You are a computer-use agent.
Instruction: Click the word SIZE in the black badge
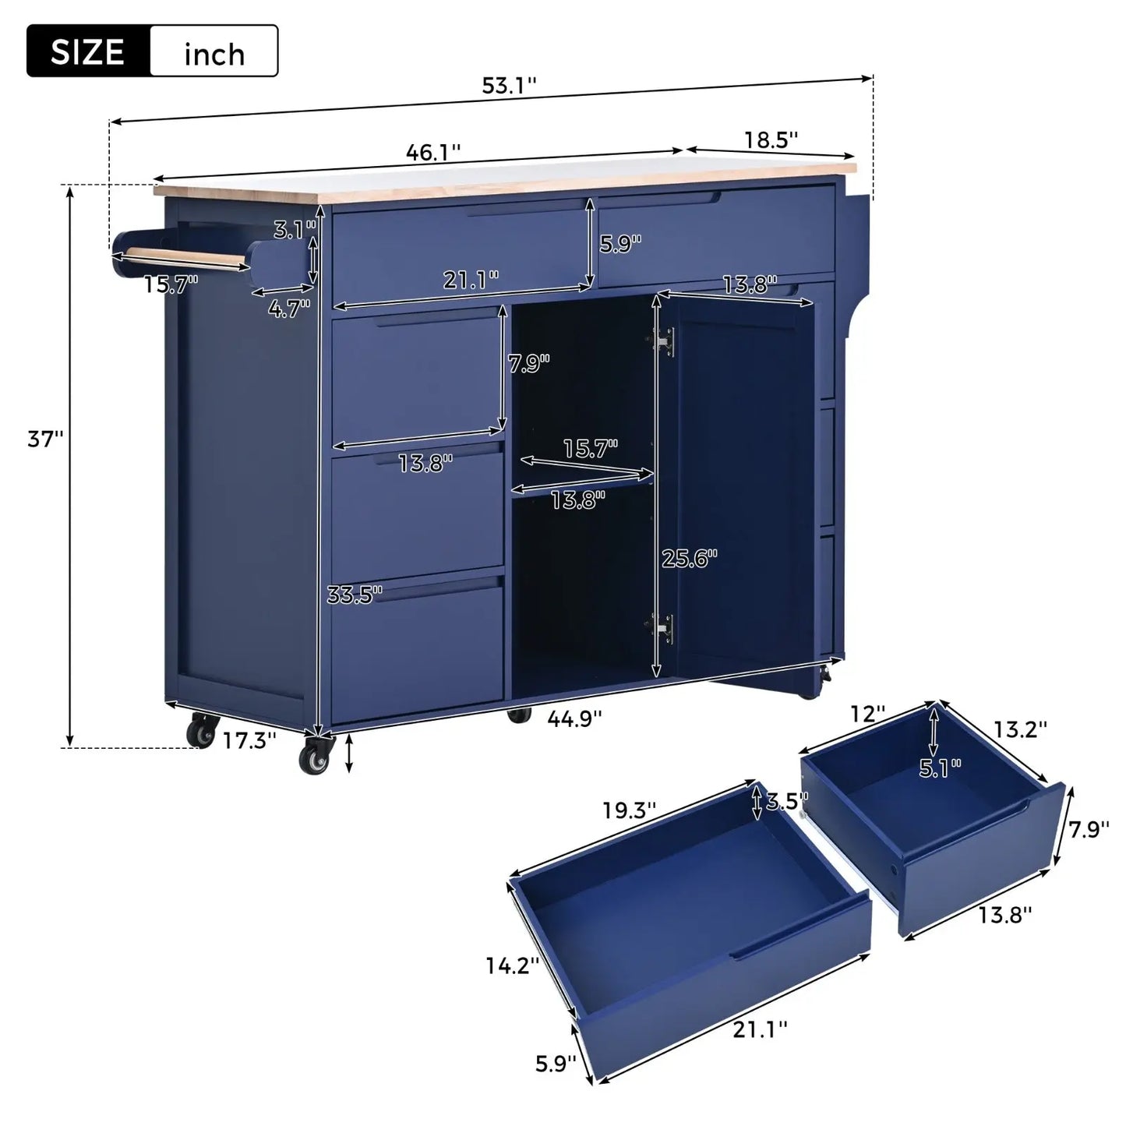(87, 52)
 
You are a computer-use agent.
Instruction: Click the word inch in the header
(214, 54)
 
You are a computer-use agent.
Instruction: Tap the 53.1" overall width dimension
(509, 86)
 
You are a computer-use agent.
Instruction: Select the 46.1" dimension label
(433, 152)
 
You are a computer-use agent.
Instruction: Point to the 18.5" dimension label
(771, 140)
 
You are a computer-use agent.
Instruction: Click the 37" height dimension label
(45, 439)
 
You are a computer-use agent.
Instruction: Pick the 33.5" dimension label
(355, 595)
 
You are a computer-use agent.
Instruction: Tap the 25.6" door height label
(689, 558)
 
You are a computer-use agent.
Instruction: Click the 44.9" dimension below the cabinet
(575, 718)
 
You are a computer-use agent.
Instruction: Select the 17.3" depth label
(249, 740)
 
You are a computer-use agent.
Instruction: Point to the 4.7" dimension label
(289, 309)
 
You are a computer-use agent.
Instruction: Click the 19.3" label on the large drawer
(629, 810)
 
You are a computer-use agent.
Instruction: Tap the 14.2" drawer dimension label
(512, 966)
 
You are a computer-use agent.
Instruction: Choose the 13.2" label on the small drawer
(1019, 729)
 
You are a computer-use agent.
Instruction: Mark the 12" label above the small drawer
(868, 714)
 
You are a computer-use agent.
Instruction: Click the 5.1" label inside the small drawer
(940, 768)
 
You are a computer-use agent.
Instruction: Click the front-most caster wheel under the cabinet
(314, 758)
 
